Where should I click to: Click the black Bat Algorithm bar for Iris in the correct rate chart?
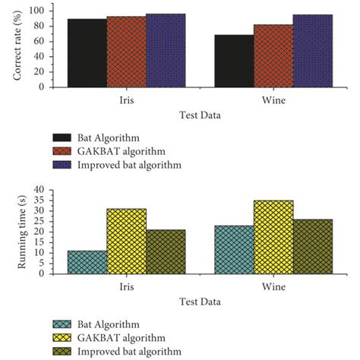click(x=87, y=52)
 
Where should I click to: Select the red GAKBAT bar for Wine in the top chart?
click(x=273, y=55)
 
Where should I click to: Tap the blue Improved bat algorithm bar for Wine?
click(x=312, y=50)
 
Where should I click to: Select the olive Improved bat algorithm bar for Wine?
click(x=312, y=247)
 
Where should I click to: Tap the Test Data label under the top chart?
click(x=200, y=115)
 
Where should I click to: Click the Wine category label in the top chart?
click(x=273, y=100)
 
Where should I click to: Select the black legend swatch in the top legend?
click(x=62, y=137)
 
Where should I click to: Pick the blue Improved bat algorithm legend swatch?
click(x=62, y=164)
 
